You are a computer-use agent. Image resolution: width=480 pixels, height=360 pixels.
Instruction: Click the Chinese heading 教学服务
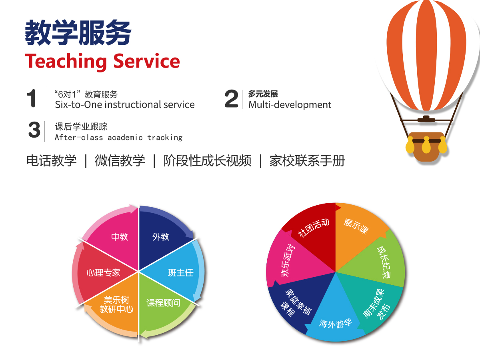78,33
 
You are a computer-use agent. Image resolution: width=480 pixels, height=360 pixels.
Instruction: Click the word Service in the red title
146,61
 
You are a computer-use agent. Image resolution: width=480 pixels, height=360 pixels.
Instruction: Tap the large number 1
32,98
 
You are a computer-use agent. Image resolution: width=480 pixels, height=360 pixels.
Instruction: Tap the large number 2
231,98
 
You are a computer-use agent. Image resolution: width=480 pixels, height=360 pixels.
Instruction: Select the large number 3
34,130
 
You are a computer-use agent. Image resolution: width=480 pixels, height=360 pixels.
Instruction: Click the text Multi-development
290,105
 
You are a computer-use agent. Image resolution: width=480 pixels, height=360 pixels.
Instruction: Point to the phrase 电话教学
52,161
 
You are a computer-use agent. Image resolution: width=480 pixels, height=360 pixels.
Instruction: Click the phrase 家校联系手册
307,161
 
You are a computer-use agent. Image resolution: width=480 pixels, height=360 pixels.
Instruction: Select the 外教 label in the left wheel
161,237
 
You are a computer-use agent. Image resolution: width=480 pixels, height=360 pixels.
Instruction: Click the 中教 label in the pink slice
119,237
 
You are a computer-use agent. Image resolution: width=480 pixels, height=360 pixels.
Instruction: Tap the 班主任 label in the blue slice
181,272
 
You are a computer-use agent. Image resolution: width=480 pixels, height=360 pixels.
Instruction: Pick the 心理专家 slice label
103,272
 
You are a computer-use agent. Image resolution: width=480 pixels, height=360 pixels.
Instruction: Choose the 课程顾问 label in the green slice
163,303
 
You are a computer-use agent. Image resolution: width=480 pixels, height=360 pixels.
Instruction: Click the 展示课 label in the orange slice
356,226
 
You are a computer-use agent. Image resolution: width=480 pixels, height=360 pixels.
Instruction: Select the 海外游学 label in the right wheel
336,324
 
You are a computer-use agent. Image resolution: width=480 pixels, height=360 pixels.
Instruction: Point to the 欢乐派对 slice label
288,260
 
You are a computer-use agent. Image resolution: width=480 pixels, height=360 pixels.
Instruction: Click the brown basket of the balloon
426,147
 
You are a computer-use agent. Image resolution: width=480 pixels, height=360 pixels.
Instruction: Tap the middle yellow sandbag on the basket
426,145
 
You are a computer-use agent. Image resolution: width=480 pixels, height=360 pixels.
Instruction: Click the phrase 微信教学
120,161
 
